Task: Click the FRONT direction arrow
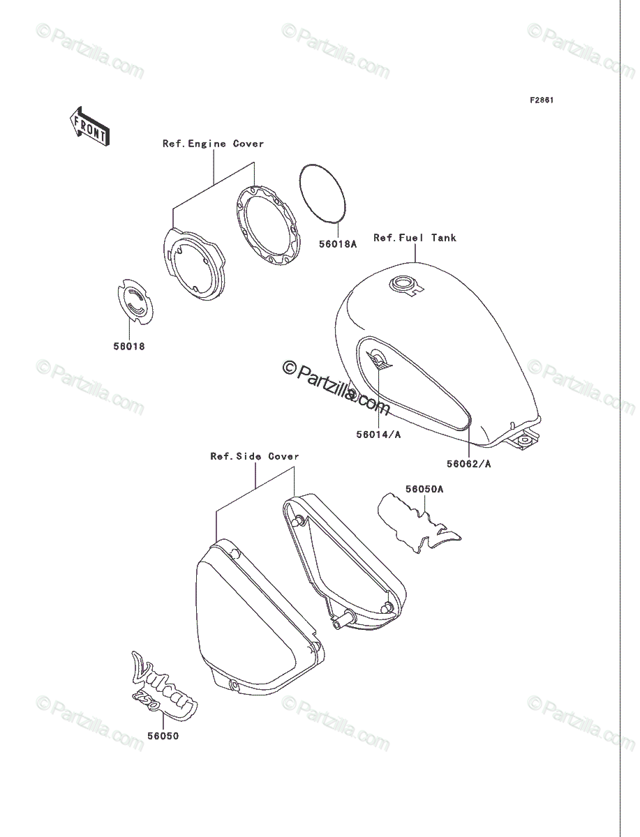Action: coord(89,126)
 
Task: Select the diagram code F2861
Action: coord(541,100)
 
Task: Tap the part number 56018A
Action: coord(338,244)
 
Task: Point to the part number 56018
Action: coord(129,346)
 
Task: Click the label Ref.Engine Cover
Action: coord(213,144)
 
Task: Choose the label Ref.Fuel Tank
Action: coord(415,238)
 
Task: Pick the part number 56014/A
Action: coord(378,435)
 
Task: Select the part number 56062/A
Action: coord(469,464)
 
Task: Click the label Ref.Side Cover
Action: coord(255,456)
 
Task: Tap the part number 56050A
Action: coord(424,489)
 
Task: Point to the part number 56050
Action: coord(163,737)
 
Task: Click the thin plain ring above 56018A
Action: coord(323,193)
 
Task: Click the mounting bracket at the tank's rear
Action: coord(523,439)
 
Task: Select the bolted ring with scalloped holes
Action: coord(268,226)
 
